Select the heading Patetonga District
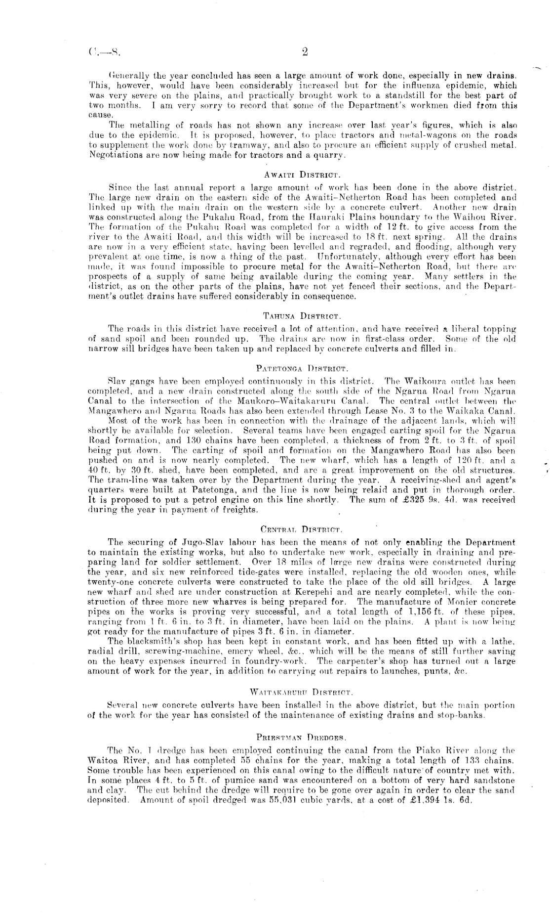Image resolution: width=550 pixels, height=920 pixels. click(303, 368)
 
